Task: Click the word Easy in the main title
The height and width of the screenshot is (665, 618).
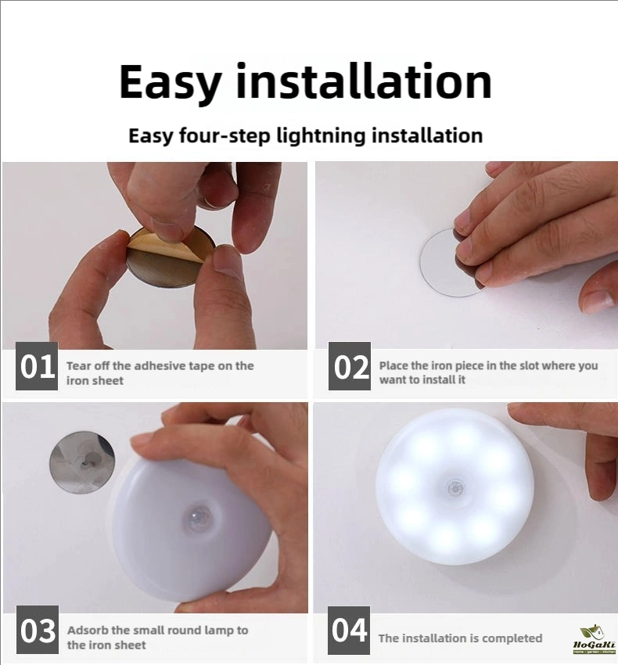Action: click(170, 83)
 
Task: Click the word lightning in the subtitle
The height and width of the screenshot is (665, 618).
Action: click(321, 136)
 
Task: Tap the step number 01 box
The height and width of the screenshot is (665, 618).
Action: click(37, 366)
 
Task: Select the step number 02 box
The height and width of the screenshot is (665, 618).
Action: click(350, 366)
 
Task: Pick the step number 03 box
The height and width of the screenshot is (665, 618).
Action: click(38, 630)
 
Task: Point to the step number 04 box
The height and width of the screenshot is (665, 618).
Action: click(349, 631)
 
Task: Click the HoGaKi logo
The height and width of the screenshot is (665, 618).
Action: click(594, 638)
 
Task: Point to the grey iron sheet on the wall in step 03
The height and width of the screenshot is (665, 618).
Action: click(82, 462)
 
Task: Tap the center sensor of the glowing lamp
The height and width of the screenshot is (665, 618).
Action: click(455, 487)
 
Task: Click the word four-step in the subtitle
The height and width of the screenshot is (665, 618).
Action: click(225, 136)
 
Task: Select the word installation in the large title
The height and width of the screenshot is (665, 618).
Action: click(364, 81)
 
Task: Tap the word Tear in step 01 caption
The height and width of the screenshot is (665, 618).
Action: click(79, 365)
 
